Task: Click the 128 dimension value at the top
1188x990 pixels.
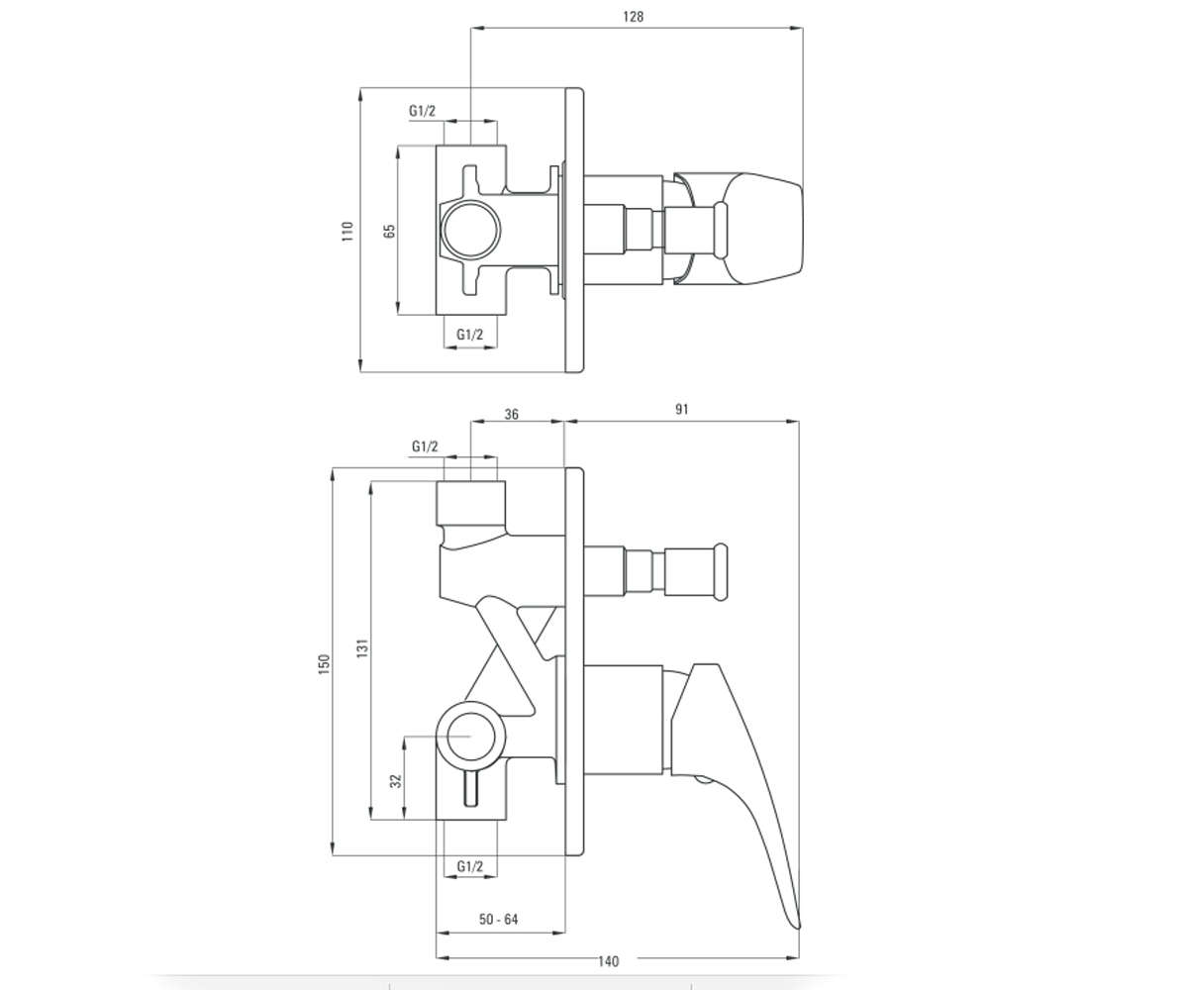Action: point(633,17)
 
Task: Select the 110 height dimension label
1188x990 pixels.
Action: point(347,231)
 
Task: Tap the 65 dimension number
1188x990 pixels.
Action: point(389,231)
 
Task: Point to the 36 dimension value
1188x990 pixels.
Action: point(512,414)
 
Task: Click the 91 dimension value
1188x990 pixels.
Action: point(682,409)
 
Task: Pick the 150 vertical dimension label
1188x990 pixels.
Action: point(323,664)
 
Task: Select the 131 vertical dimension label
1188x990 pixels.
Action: point(362,648)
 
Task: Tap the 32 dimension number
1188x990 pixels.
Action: point(395,781)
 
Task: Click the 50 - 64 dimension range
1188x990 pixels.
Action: point(498,919)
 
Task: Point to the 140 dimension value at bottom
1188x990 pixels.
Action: point(608,961)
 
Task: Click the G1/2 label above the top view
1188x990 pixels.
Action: point(422,110)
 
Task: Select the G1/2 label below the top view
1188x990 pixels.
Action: point(469,334)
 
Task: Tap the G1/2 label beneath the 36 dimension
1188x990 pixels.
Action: point(425,446)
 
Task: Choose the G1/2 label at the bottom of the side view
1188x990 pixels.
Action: point(470,866)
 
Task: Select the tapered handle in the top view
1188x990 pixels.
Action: point(740,228)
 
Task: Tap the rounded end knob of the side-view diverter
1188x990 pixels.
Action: point(721,572)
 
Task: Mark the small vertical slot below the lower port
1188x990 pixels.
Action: point(470,787)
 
